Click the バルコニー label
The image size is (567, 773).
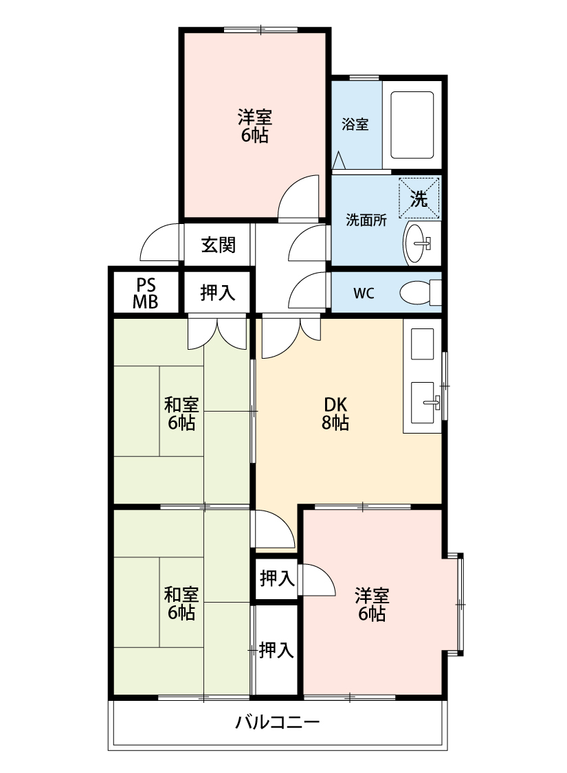point(278,722)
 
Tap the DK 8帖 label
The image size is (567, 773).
point(335,414)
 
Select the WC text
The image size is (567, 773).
point(364,293)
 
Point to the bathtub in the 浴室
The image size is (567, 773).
point(412,126)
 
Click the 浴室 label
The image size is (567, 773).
point(355,124)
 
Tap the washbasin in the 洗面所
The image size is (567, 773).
point(418,243)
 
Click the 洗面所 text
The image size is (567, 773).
point(366,221)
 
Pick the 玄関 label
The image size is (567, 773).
point(218,245)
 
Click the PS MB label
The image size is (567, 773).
point(146,293)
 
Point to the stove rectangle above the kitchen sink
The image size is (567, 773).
point(422,344)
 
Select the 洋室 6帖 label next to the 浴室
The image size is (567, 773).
point(254,125)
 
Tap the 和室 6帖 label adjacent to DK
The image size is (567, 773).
point(181,413)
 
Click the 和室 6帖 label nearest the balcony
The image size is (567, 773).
point(181,603)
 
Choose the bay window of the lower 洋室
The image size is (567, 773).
point(460,603)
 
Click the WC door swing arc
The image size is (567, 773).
point(308,292)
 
